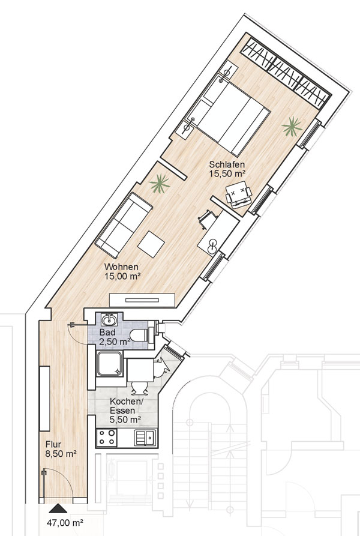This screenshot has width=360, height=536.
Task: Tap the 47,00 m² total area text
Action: [65, 522]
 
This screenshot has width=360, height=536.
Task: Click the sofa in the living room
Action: [124, 225]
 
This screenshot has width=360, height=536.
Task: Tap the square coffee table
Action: [151, 244]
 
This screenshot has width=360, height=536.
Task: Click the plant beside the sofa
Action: [160, 184]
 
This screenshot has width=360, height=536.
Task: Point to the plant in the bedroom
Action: [292, 127]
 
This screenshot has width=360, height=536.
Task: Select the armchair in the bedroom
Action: [239, 194]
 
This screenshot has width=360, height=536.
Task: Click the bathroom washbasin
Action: [109, 319]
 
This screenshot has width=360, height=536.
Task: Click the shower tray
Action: [109, 364]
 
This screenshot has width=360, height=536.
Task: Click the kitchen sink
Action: [146, 438]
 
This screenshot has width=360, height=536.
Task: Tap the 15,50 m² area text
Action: [228, 173]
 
